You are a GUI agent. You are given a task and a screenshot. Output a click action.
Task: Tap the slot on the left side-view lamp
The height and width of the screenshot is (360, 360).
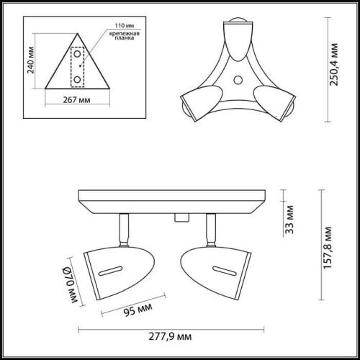pos(110,269)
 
